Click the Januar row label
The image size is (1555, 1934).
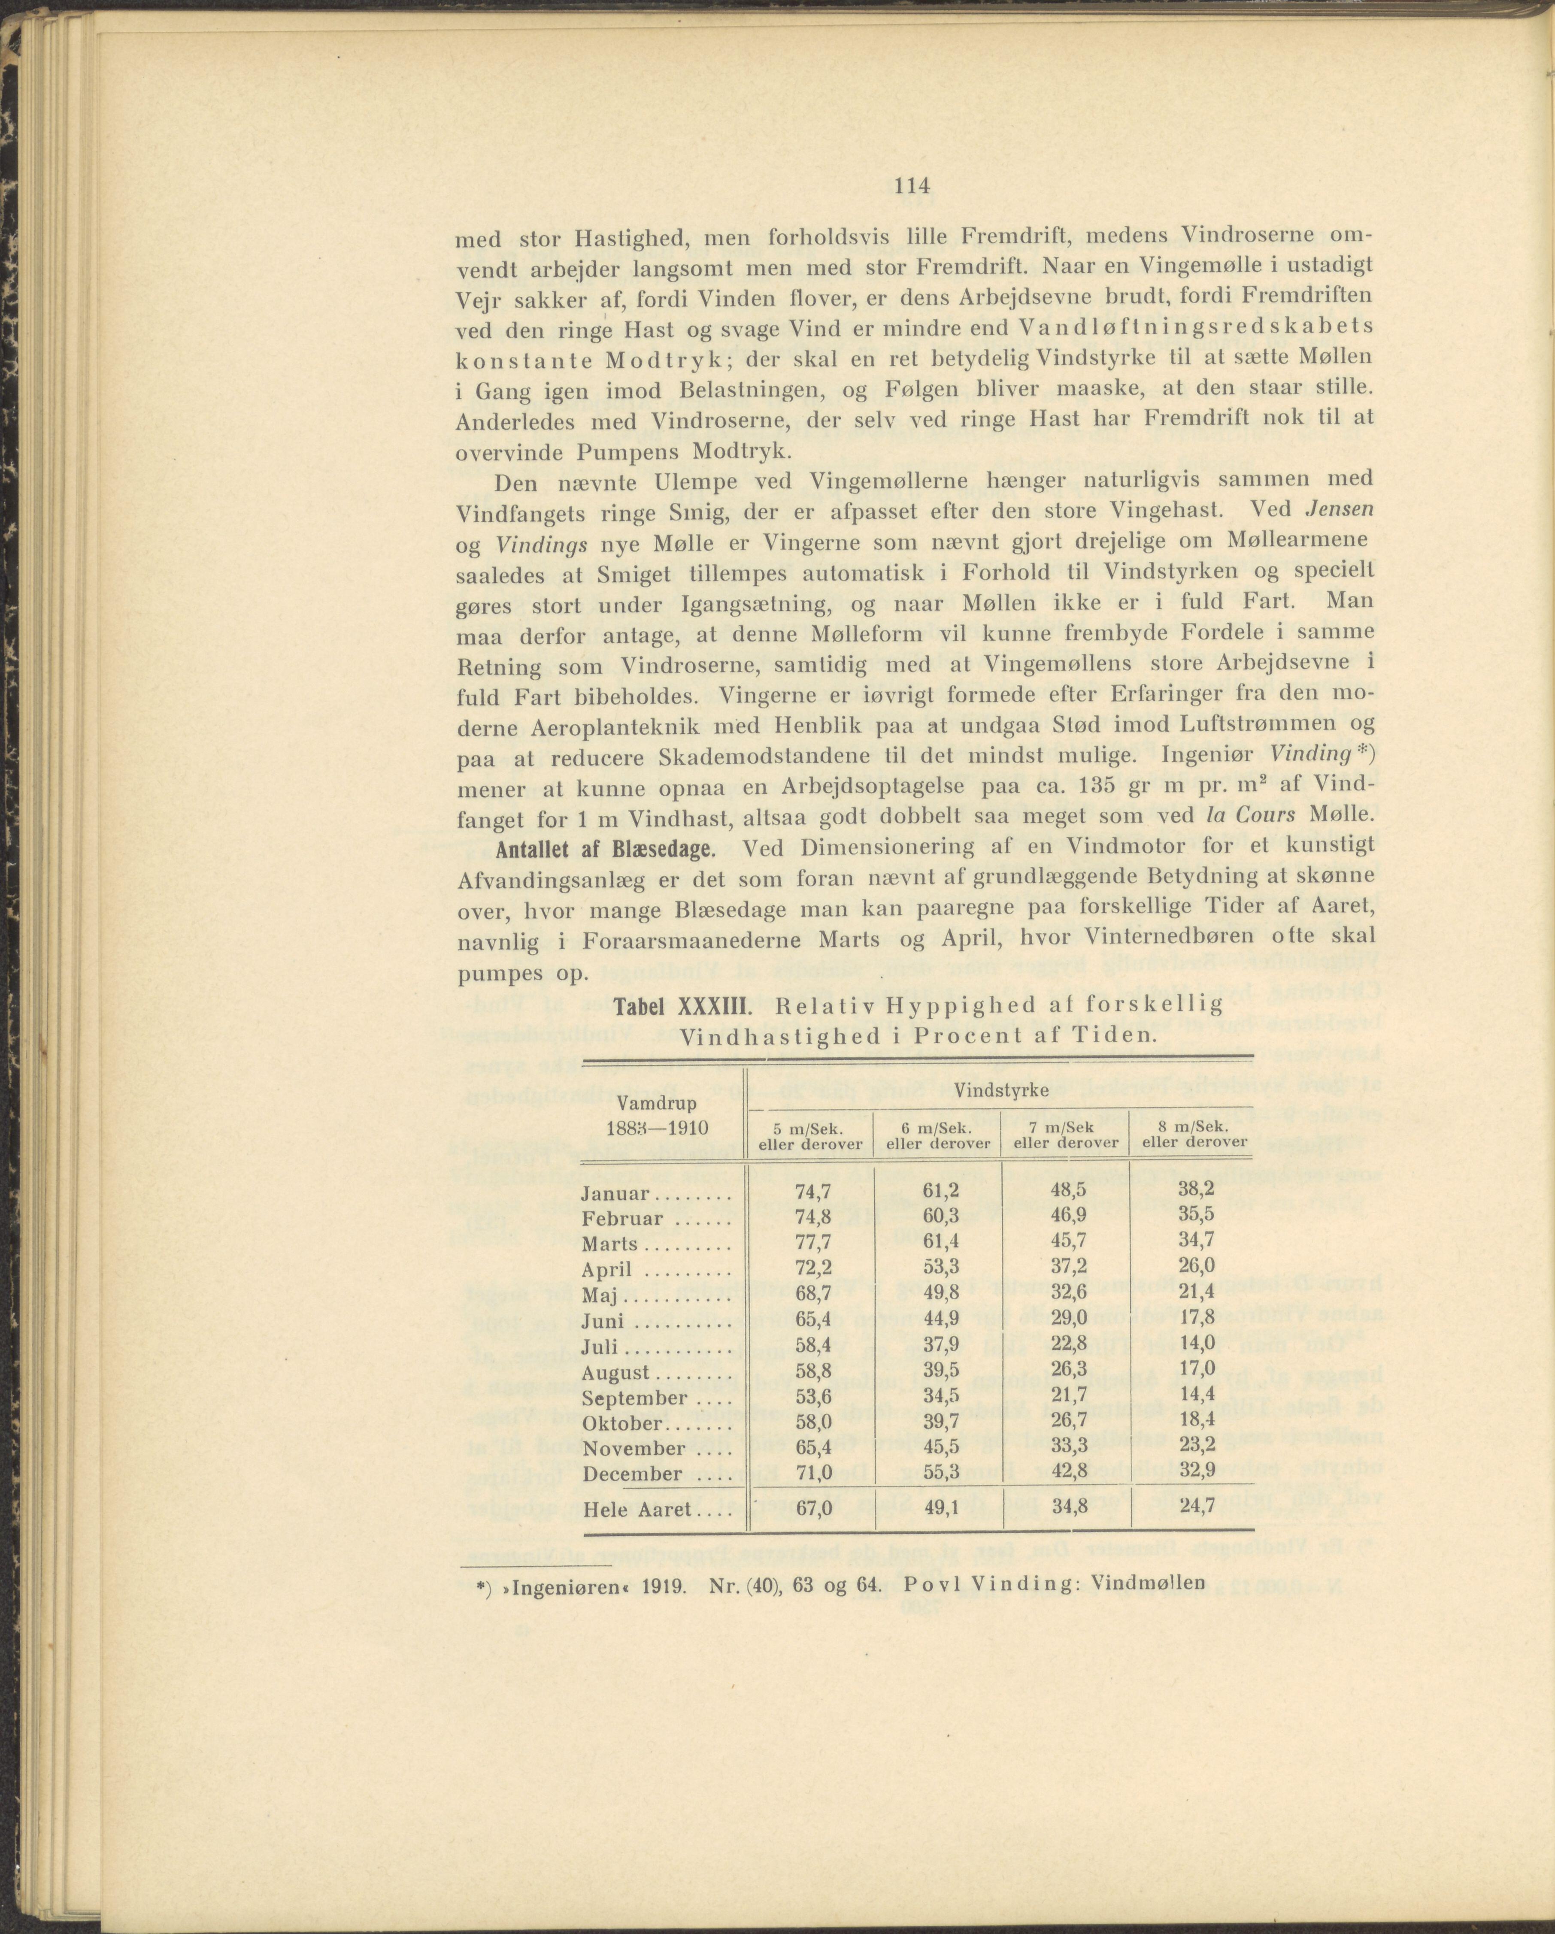click(615, 1194)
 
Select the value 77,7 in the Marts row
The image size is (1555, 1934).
click(813, 1243)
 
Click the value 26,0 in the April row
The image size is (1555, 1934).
click(1197, 1268)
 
